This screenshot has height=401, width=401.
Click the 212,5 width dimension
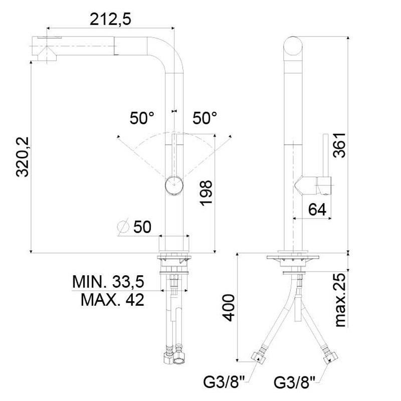coord(110,19)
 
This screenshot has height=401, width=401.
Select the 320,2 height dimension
coord(23,157)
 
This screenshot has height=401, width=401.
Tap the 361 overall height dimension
coord(339,145)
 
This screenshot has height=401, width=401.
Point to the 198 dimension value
coord(206,193)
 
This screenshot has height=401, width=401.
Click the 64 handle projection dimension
coord(317,210)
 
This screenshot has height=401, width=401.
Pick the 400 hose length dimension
coord(229,308)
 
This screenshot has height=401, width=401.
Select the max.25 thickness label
coord(341,300)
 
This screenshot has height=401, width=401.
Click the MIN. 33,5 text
coord(108,281)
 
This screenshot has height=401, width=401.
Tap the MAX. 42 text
coord(112,300)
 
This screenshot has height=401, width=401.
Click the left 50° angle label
coord(142,118)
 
